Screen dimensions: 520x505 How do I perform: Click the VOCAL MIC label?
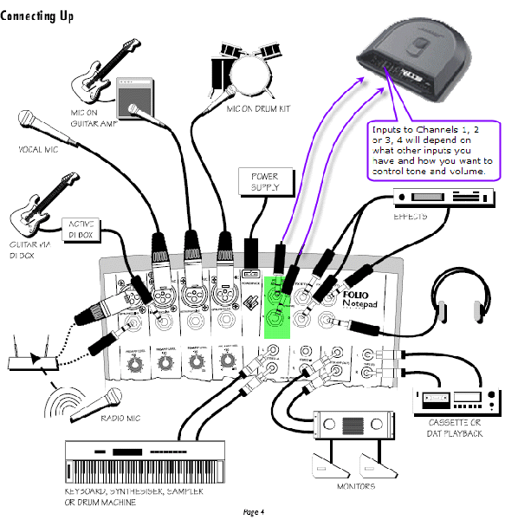point(37,148)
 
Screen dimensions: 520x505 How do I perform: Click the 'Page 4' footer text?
point(253,512)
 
